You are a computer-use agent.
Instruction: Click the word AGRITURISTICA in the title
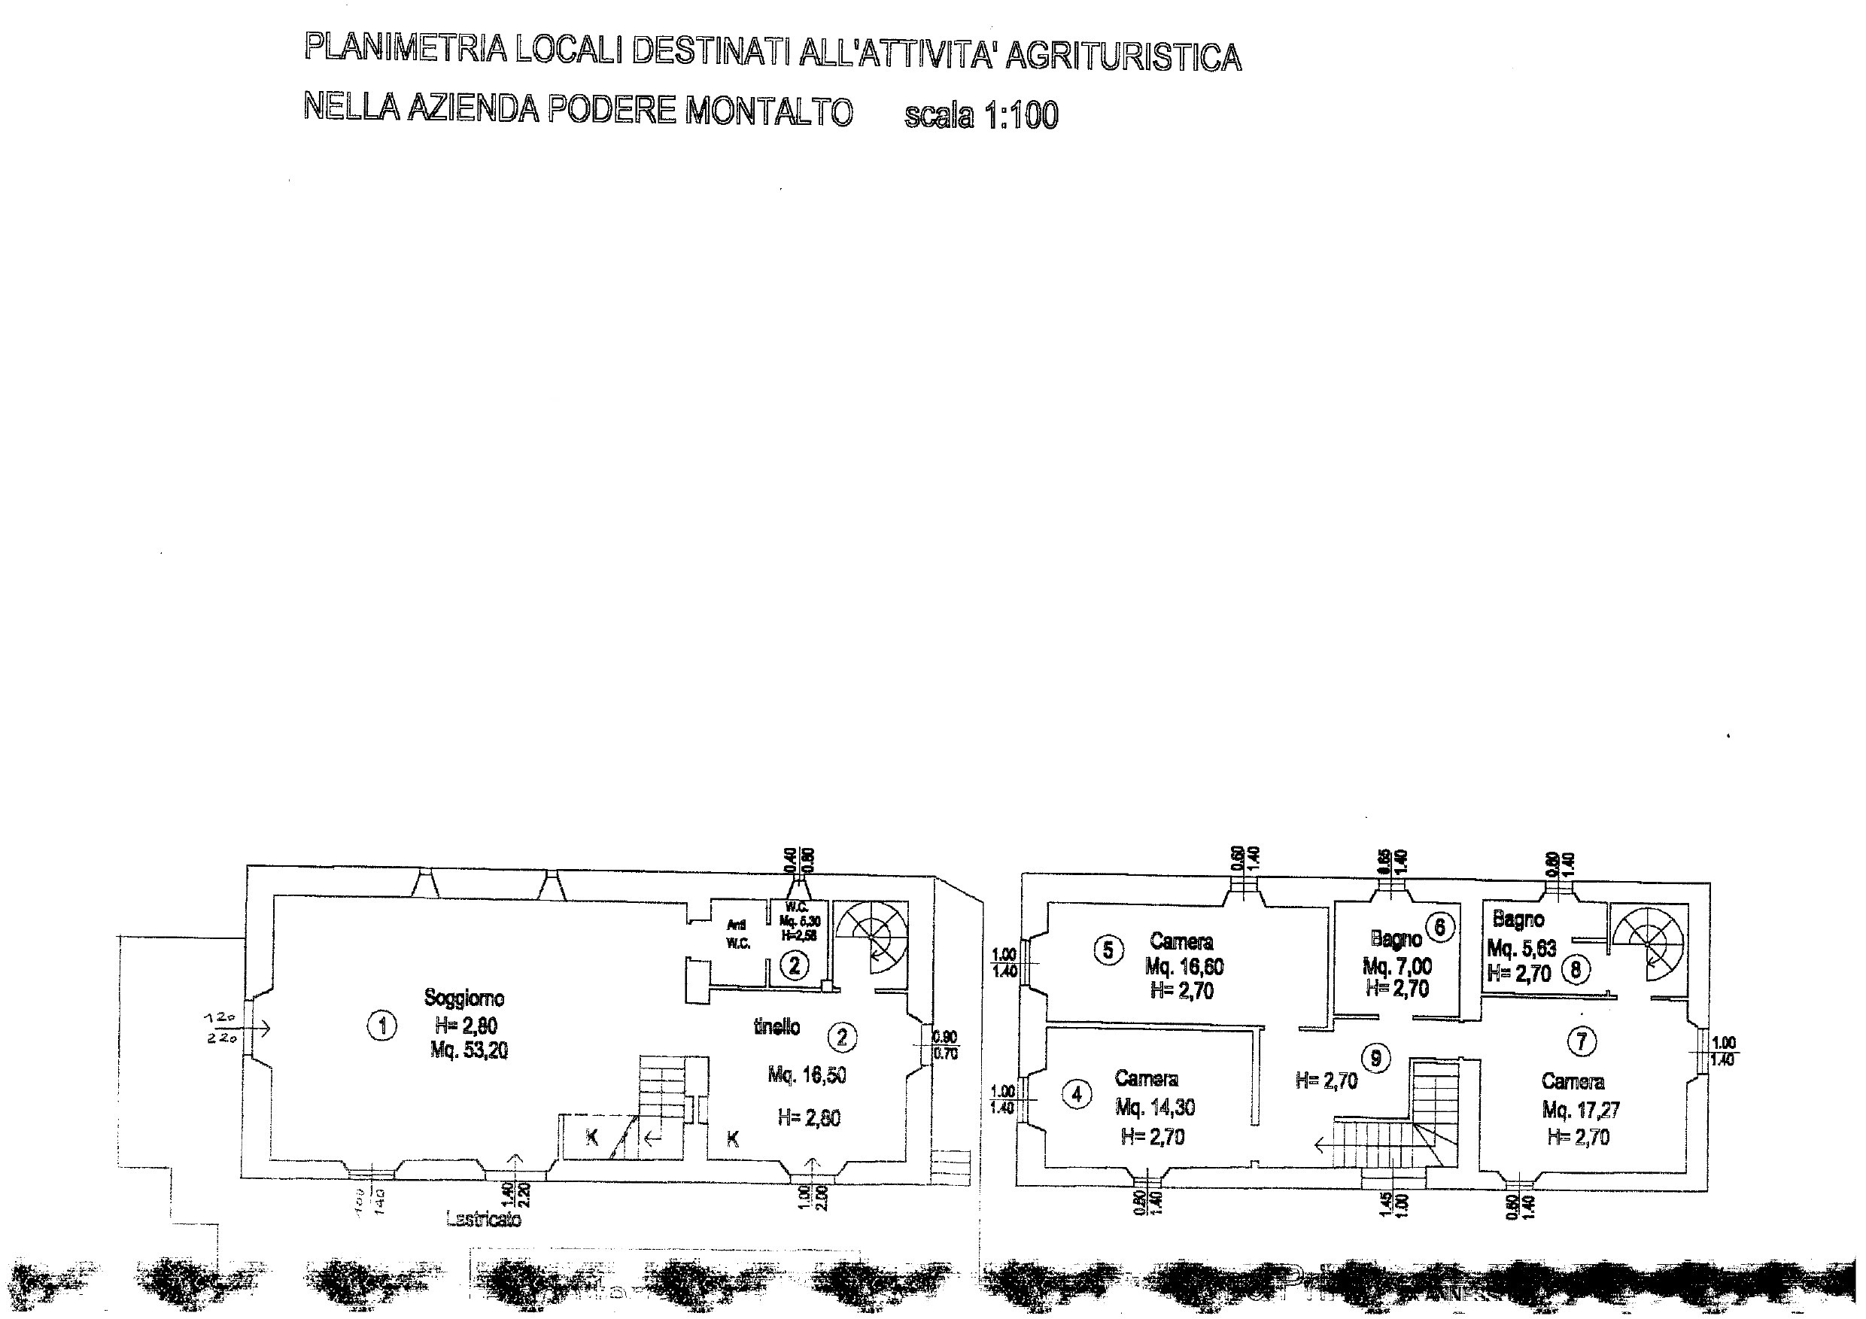1123,56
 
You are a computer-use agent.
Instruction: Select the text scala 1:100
981,115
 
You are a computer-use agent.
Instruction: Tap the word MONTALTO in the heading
769,111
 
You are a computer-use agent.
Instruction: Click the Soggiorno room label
464,998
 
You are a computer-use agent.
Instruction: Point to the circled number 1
381,1026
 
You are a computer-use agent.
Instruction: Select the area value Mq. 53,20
469,1051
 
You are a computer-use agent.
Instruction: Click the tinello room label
776,1027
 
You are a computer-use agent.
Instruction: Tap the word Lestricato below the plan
484,1219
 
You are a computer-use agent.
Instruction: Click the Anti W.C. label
737,934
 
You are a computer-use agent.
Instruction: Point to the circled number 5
1108,950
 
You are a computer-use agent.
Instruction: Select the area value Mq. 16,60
1184,967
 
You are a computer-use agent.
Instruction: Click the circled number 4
1077,1095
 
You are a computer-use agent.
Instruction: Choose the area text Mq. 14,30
1155,1107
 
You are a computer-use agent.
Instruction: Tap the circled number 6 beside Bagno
1439,927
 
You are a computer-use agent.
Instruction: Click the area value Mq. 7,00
1397,967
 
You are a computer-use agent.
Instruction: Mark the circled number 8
1576,970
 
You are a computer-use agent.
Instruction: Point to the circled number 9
1376,1057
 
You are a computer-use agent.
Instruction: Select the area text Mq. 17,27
1581,1110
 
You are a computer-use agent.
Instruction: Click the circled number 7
1582,1043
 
